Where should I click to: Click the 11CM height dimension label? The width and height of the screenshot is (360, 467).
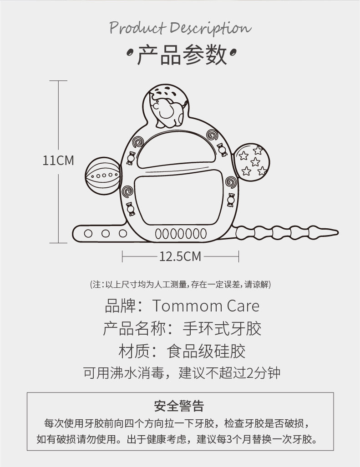coord(58,161)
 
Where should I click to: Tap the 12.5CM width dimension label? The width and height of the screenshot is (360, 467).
coord(180,257)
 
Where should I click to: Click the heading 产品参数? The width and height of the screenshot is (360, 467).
coord(181,55)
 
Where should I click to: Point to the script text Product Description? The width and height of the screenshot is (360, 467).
coord(180,28)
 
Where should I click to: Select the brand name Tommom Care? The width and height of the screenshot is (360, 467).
coord(206,306)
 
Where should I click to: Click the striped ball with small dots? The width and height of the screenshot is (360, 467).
coord(102,176)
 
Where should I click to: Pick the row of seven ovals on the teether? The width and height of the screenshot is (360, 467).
coord(181,234)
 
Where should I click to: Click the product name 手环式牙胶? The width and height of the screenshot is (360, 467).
coord(222,328)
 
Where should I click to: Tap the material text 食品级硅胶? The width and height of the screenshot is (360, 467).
coord(206,351)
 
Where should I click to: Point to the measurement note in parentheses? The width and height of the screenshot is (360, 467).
coord(180,285)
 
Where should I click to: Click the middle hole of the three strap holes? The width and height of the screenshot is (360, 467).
coord(106,234)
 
